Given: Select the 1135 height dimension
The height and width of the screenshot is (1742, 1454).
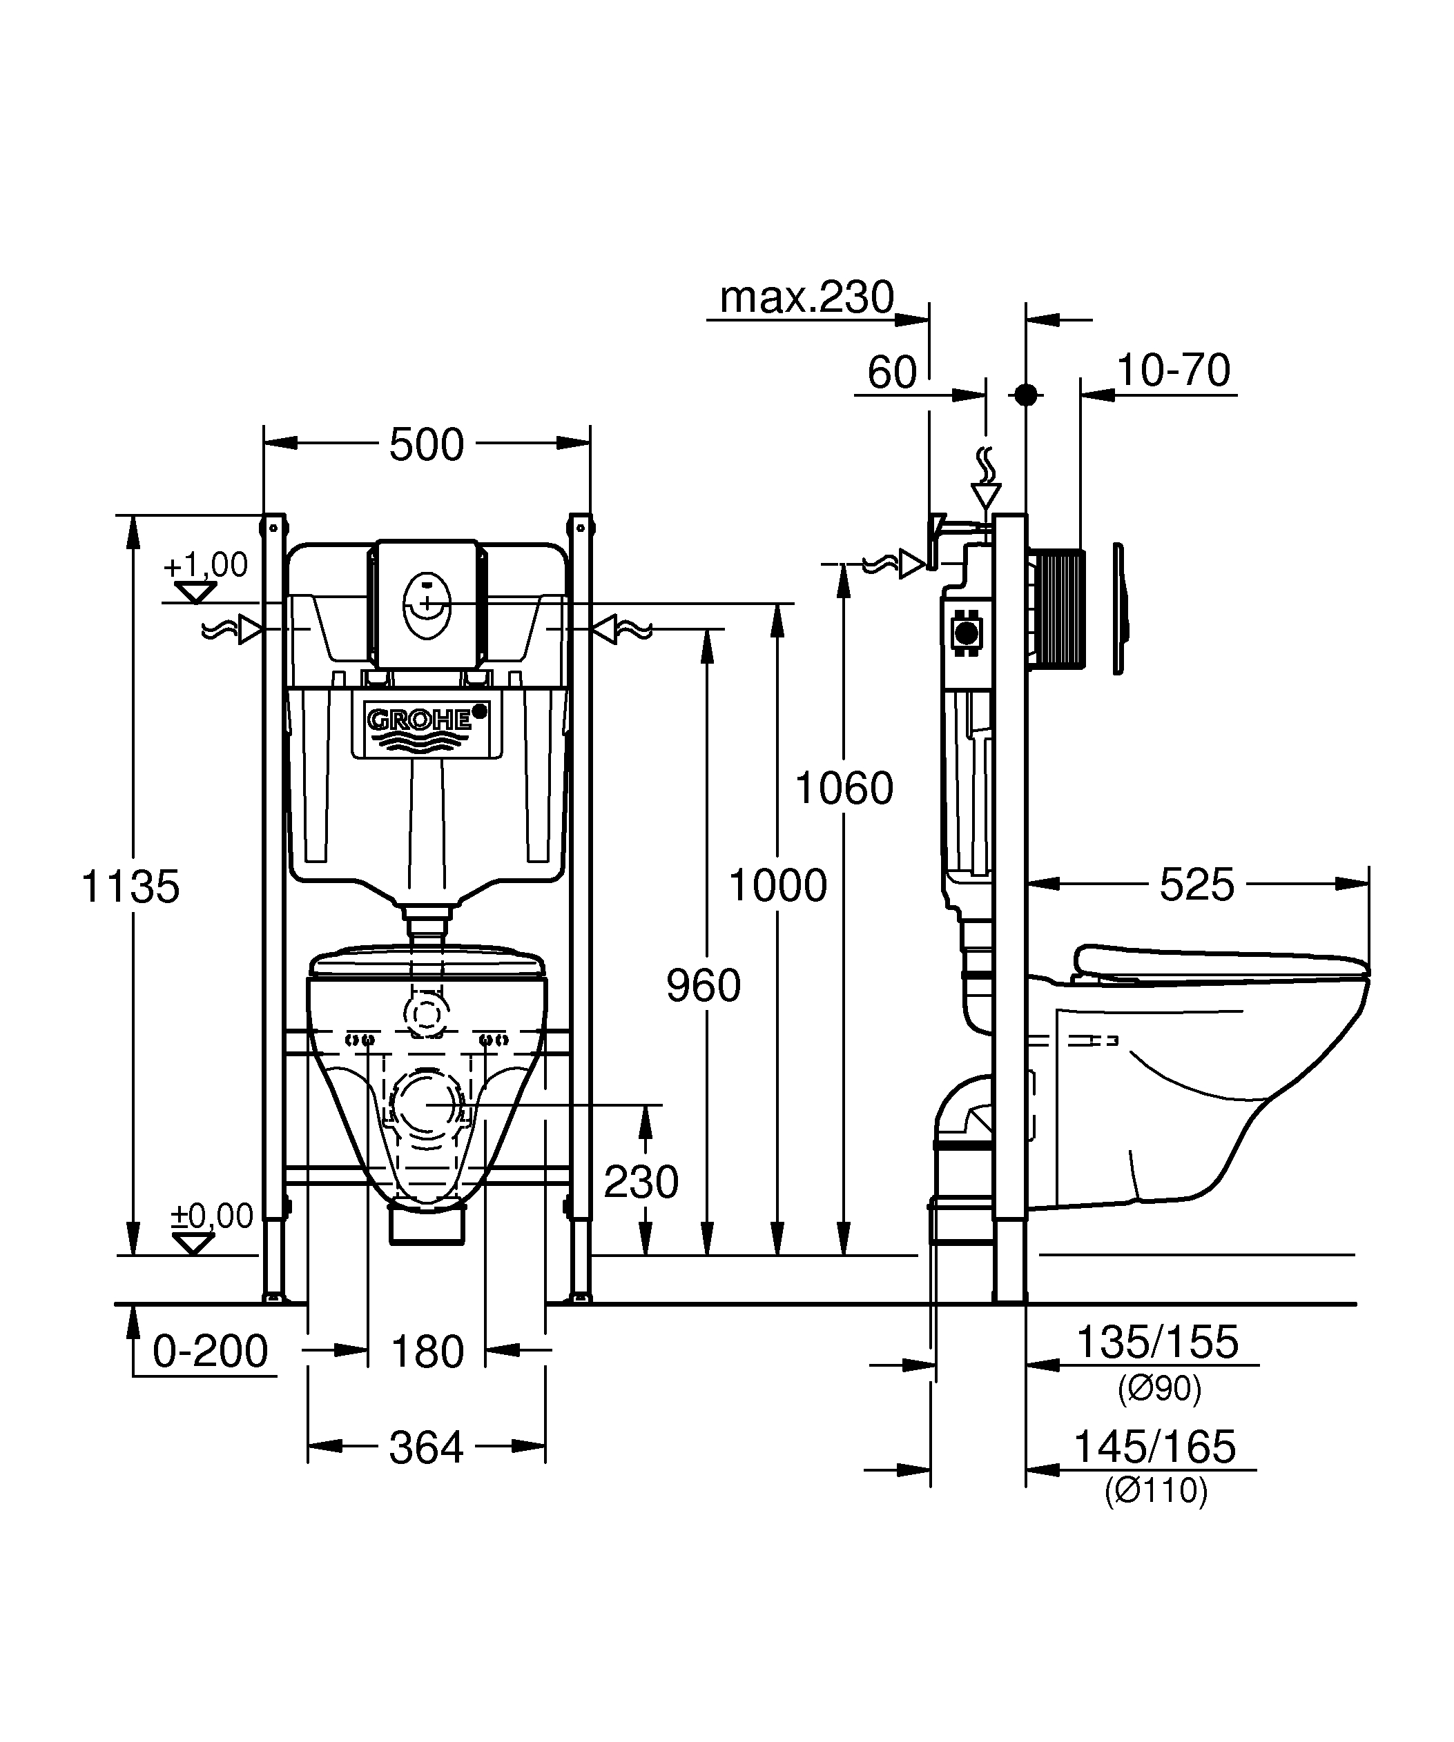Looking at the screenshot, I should pos(130,886).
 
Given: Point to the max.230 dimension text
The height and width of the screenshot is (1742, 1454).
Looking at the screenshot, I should pos(806,297).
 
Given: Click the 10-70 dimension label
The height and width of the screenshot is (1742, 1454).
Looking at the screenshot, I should pos(1173,370).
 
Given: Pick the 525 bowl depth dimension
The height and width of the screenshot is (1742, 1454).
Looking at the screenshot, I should pos(1196,884).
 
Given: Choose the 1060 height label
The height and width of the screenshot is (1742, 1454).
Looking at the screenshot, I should pos(844,787).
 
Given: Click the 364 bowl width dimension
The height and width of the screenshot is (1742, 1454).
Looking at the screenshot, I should pos(426,1448).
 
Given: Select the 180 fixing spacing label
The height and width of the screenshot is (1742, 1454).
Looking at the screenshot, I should pos(427,1352).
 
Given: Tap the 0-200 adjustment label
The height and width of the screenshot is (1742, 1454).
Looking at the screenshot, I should pos(210,1352).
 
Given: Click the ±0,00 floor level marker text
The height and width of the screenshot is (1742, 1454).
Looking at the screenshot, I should pos(212,1216).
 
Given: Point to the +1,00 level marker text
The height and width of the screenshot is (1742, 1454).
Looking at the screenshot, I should pos(206,565).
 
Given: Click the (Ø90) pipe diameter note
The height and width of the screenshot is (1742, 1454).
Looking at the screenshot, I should pos(1159,1389).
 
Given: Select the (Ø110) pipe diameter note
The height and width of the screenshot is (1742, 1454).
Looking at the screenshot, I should pos(1156,1491).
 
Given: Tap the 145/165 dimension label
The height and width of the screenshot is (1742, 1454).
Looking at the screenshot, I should pos(1154,1447).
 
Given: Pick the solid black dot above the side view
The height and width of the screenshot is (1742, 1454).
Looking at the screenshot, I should pos(1026,395).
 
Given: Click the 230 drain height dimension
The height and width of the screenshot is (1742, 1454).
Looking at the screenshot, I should pos(641,1181).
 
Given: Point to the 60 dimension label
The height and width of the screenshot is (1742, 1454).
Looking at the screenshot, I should pos(892,373).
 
